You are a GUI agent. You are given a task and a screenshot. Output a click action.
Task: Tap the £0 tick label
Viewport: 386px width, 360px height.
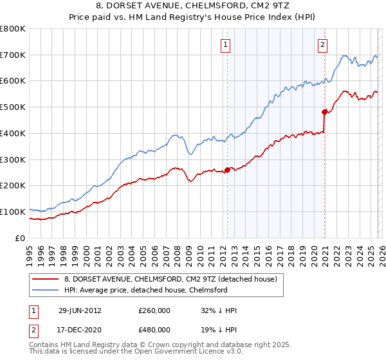[x=21, y=238]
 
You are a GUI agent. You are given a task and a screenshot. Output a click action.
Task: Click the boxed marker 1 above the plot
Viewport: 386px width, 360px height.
[x=226, y=45]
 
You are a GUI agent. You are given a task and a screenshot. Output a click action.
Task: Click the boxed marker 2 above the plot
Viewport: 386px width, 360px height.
[x=322, y=45]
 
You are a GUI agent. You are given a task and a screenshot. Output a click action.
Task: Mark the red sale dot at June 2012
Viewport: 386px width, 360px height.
[x=227, y=170]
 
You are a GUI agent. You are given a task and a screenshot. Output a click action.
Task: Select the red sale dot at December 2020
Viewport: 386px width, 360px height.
[x=325, y=112]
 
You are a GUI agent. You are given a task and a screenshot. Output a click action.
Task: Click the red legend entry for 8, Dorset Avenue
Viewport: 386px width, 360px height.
[x=170, y=279]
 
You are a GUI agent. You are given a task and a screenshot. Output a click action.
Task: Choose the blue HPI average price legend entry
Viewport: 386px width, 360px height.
[x=154, y=291]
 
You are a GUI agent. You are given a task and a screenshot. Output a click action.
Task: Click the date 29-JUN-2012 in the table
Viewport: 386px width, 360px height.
[x=79, y=310]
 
